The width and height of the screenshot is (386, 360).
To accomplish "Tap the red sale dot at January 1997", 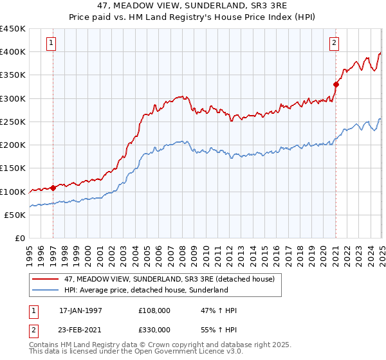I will point(53,188).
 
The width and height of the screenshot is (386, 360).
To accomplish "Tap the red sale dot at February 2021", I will point(336,84).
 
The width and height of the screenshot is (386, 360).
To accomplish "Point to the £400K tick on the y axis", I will point(13,52).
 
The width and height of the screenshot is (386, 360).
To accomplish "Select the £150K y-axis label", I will point(13,168).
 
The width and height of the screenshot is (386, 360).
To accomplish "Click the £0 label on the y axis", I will point(20,239).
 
